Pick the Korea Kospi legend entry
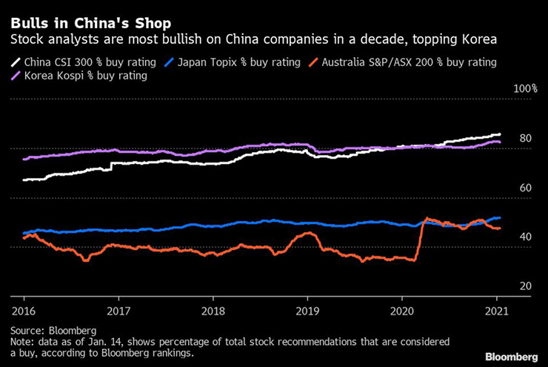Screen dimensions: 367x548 (77, 76)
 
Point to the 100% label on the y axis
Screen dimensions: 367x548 (525, 89)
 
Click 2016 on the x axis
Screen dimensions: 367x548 (23, 308)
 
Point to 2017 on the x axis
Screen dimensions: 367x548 (118, 308)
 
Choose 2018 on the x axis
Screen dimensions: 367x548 (213, 308)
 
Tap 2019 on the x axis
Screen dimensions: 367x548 (307, 308)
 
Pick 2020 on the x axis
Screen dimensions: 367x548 (402, 308)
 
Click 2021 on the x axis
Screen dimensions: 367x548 (497, 308)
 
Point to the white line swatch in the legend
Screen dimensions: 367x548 (16, 62)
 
